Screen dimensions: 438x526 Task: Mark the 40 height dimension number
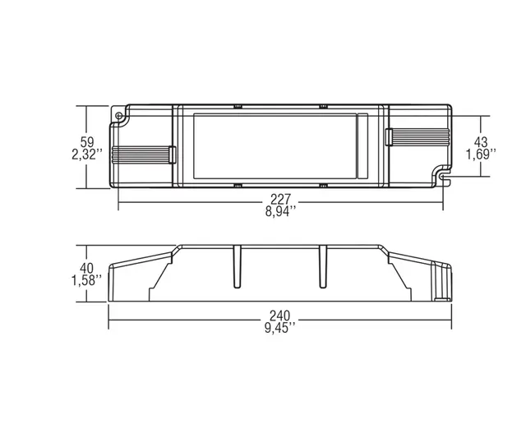[x=88, y=268]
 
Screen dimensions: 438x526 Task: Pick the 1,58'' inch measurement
[x=88, y=281]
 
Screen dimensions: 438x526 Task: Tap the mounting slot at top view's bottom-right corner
[x=445, y=175]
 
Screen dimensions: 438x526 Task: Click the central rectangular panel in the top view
[x=281, y=145]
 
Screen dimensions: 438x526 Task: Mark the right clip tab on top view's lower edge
[x=323, y=186]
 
